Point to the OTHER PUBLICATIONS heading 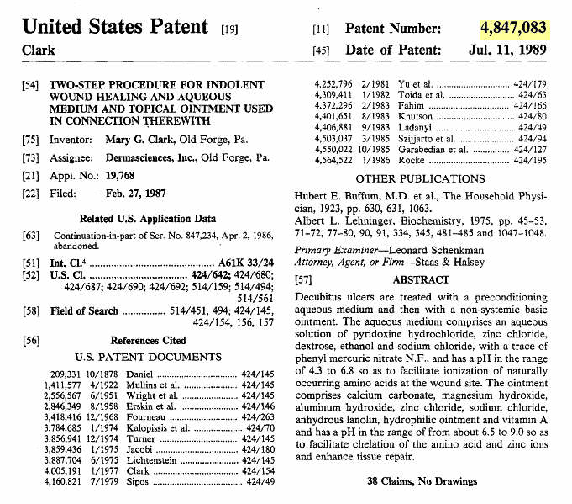point(422,178)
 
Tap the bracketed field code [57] point(305,279)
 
